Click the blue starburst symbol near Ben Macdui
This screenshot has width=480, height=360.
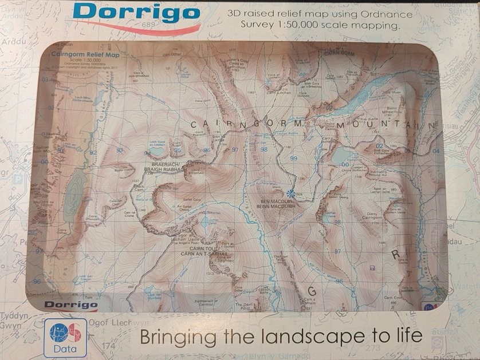tap(291, 193)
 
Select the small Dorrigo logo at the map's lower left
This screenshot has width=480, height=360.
tap(70, 304)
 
